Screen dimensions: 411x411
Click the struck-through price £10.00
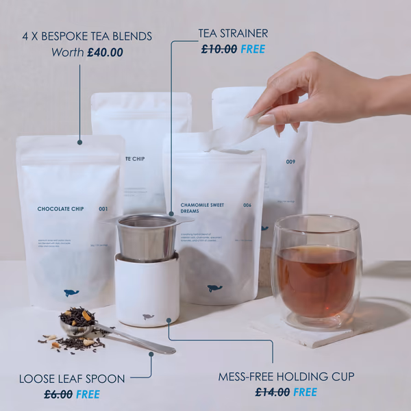coord(219,49)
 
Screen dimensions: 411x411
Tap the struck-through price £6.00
coord(58,394)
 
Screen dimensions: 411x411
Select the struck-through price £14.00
coord(273,392)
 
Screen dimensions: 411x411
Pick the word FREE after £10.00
coord(252,49)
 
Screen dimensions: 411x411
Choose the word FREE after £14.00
coord(305,392)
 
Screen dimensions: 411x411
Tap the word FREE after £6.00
coord(88,394)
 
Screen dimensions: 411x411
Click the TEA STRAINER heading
coord(233,33)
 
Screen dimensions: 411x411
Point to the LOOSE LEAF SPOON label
coord(72,378)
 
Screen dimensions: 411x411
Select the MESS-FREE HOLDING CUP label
coord(286,376)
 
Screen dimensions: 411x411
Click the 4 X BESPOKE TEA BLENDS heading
coord(87,36)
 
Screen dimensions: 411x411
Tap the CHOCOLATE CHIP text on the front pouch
coord(61,209)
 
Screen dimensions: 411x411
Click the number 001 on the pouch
coord(103,209)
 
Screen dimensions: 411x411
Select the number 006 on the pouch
coord(247,205)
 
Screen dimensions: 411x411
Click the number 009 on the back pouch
coord(290,162)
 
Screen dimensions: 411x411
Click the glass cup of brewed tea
coord(316,271)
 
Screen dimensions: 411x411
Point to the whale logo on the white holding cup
coord(148,316)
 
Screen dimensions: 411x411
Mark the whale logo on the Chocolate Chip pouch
coord(71,292)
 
